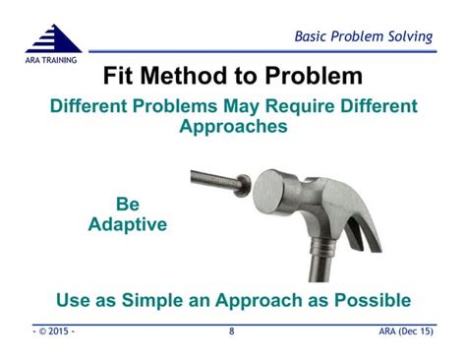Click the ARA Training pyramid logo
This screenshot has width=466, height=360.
(x=54, y=39)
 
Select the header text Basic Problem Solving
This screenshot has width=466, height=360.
(x=364, y=37)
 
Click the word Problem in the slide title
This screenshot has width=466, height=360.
(x=313, y=77)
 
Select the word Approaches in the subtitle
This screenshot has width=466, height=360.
(x=233, y=127)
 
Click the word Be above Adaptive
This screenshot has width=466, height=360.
(x=128, y=205)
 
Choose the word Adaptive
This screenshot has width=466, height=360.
(x=128, y=224)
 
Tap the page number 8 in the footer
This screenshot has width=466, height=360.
(x=232, y=331)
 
